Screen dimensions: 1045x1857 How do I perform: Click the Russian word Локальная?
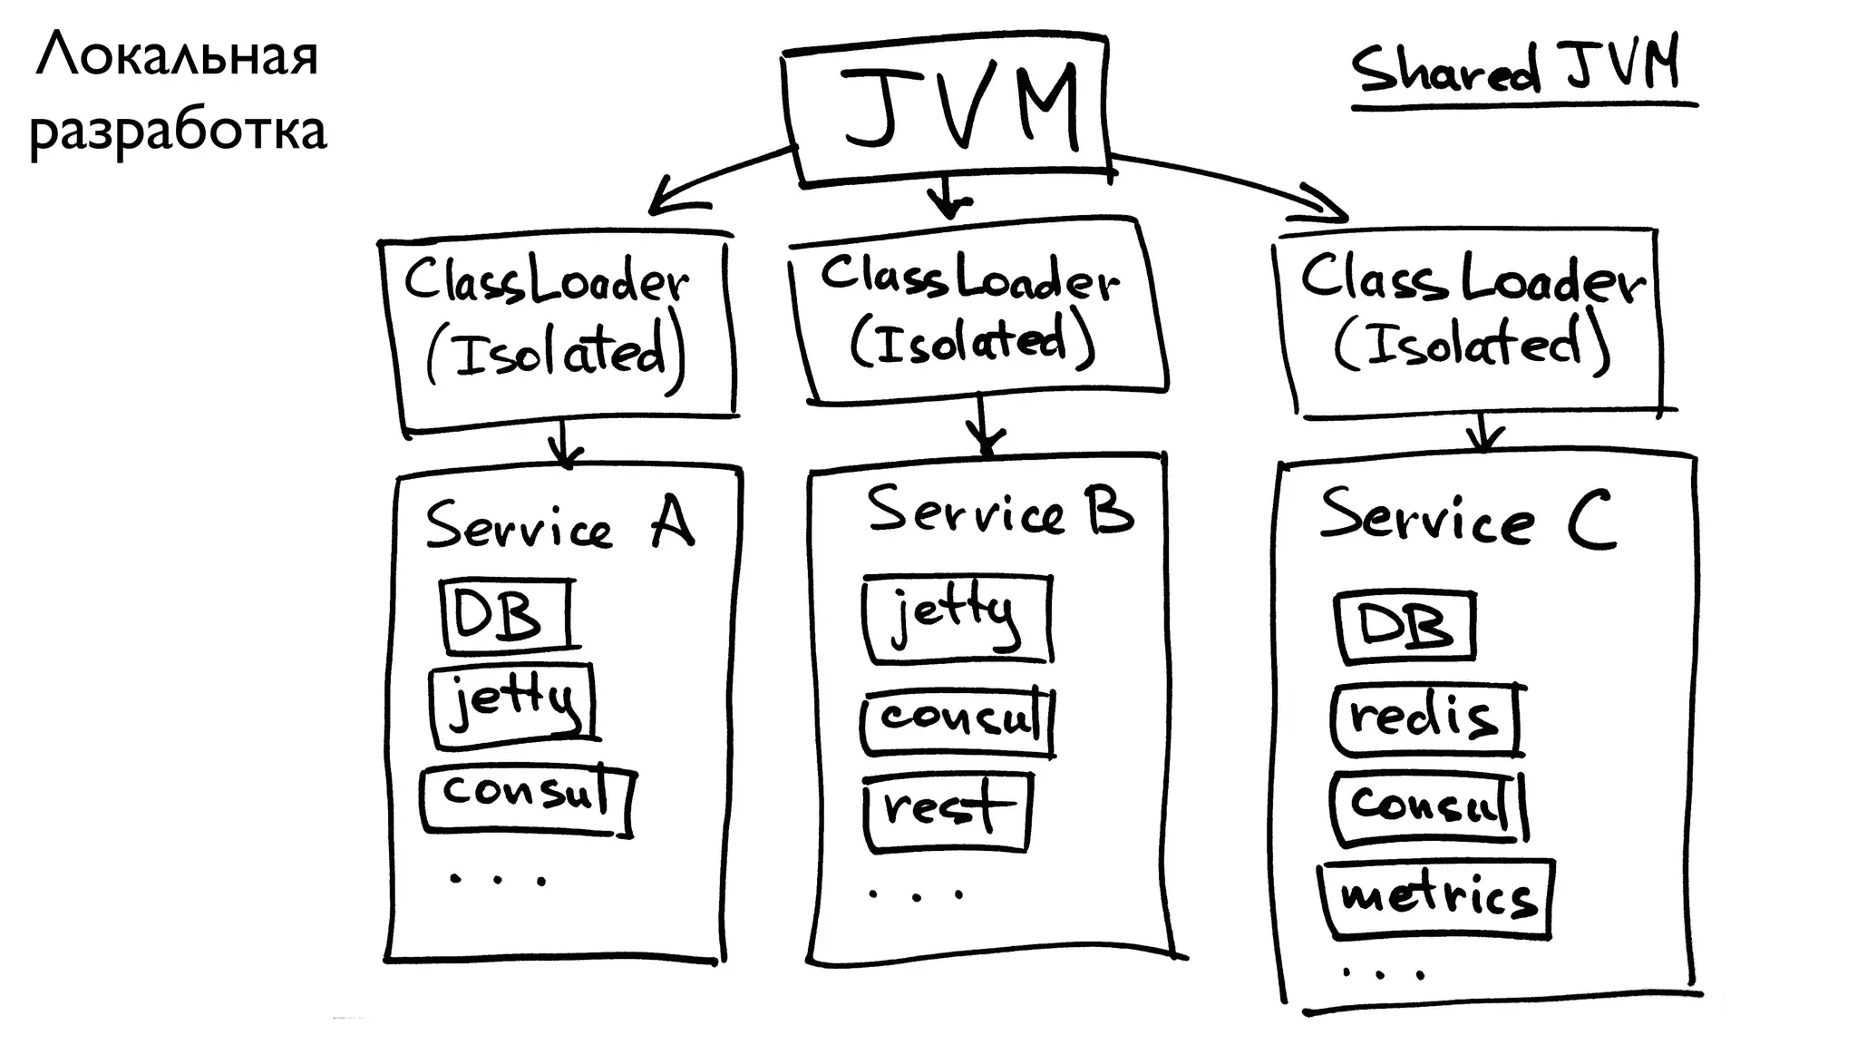click(x=178, y=56)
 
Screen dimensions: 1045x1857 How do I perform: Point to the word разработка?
click(x=178, y=131)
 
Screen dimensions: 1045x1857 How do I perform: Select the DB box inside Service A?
click(x=506, y=614)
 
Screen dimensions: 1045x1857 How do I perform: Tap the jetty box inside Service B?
click(x=957, y=617)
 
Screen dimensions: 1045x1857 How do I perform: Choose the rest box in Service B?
click(x=945, y=810)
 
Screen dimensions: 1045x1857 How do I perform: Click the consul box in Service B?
click(x=958, y=721)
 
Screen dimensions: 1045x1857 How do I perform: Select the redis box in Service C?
click(x=1425, y=719)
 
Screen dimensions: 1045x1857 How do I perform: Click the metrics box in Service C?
click(x=1436, y=897)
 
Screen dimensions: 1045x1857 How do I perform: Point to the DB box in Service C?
click(x=1404, y=626)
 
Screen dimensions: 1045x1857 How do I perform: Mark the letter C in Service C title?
click(x=1591, y=521)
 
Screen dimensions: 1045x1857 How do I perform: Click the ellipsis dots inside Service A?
click(x=498, y=879)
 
